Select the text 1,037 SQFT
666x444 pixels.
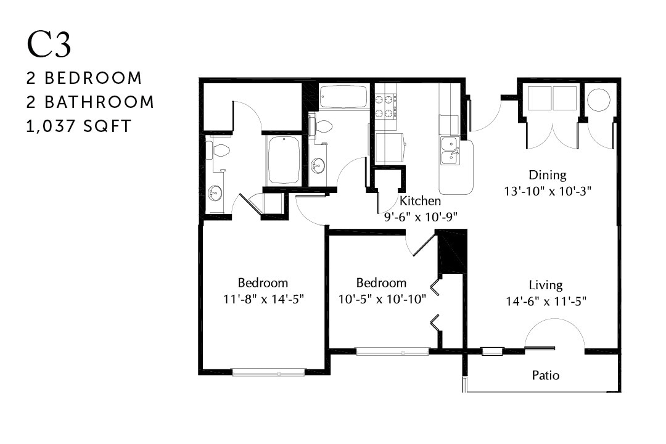(x=79, y=126)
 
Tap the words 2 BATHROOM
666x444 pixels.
(x=90, y=102)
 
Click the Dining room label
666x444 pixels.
(x=547, y=175)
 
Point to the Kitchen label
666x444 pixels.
(x=420, y=201)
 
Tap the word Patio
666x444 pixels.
(x=546, y=375)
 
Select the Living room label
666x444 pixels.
(x=546, y=285)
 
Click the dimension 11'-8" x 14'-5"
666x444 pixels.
(x=263, y=299)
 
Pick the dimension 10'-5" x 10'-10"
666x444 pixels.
(x=381, y=299)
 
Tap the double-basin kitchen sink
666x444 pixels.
(x=451, y=151)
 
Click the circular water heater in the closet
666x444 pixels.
(x=598, y=99)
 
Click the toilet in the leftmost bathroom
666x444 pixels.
(x=220, y=149)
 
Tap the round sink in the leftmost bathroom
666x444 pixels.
(x=215, y=193)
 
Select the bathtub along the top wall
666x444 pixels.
(x=343, y=97)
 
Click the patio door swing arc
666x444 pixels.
(x=554, y=333)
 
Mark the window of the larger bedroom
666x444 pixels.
(x=268, y=372)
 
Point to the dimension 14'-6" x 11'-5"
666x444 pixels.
(x=546, y=302)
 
